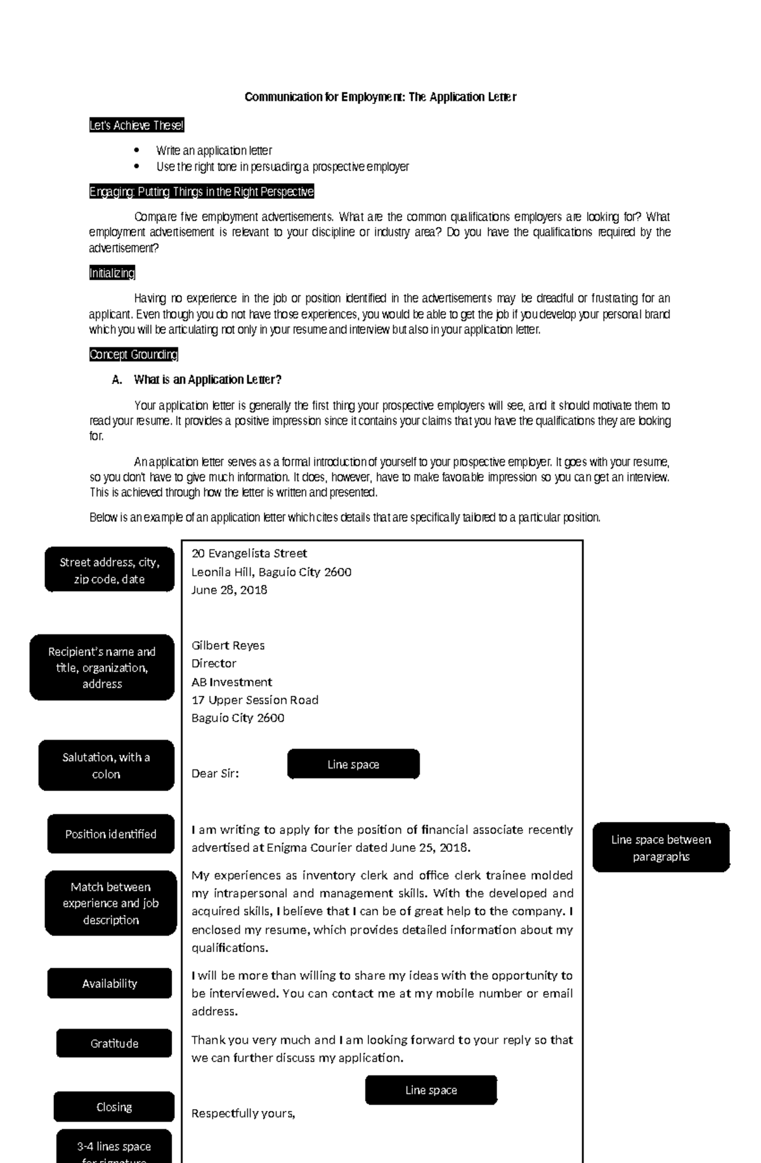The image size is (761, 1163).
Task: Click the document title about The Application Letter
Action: (380, 97)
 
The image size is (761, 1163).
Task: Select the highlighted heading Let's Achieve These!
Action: (136, 125)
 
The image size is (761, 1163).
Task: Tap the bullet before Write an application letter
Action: (136, 151)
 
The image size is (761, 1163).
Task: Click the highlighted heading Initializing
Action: (112, 273)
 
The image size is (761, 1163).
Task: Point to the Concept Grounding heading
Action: (133, 354)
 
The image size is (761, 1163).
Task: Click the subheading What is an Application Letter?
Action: (207, 380)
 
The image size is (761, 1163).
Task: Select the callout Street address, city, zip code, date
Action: (109, 570)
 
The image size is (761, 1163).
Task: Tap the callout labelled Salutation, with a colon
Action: (106, 765)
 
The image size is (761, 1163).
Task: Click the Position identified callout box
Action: (110, 834)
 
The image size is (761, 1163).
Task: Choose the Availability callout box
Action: (109, 983)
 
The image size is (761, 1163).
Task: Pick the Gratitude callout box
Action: (114, 1043)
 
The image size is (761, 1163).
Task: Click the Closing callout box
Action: (114, 1107)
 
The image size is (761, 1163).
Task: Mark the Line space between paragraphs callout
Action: (661, 847)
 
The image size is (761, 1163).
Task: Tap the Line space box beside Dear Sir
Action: (353, 764)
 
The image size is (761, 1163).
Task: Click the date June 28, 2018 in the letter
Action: (229, 589)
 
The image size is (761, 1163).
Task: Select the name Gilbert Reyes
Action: (228, 645)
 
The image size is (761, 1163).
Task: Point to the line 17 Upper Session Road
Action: (254, 700)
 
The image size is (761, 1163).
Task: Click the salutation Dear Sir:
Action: (215, 773)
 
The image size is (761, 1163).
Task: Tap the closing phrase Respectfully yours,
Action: (243, 1114)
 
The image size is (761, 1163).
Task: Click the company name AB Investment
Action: (231, 682)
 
